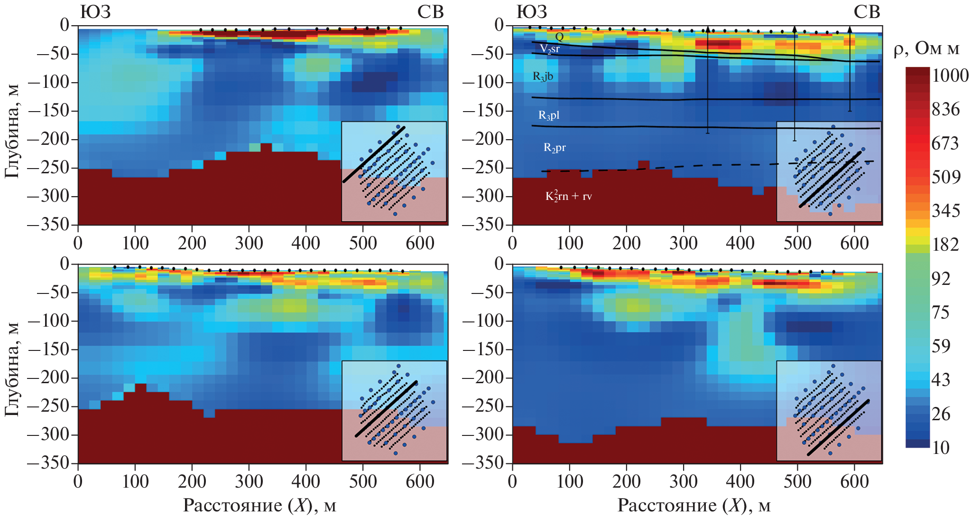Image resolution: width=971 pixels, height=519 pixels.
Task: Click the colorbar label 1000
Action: [950, 76]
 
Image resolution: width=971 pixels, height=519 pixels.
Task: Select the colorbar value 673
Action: [945, 143]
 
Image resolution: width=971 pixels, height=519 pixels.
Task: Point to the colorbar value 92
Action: [941, 279]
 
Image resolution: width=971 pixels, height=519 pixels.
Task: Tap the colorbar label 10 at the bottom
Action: [941, 448]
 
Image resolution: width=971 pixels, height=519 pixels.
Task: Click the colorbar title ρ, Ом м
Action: [926, 49]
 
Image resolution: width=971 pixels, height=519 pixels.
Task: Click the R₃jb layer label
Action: [543, 76]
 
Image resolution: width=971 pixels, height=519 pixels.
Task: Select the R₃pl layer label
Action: [548, 115]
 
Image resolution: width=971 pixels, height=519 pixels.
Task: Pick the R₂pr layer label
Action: [554, 148]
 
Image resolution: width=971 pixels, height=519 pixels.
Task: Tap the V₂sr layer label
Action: [549, 49]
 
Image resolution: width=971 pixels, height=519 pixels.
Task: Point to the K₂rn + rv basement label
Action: [568, 196]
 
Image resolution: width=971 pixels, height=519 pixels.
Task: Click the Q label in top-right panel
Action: [559, 37]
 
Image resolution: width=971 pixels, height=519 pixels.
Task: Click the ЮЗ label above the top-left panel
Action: [95, 12]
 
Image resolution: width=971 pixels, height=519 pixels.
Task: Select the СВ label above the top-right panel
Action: [866, 12]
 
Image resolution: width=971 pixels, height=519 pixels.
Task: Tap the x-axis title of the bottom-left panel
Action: [259, 506]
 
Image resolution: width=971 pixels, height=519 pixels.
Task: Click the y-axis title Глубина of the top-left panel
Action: [13, 131]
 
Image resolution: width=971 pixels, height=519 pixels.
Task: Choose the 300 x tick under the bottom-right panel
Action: [683, 482]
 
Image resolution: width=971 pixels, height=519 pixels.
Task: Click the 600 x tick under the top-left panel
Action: [420, 244]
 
